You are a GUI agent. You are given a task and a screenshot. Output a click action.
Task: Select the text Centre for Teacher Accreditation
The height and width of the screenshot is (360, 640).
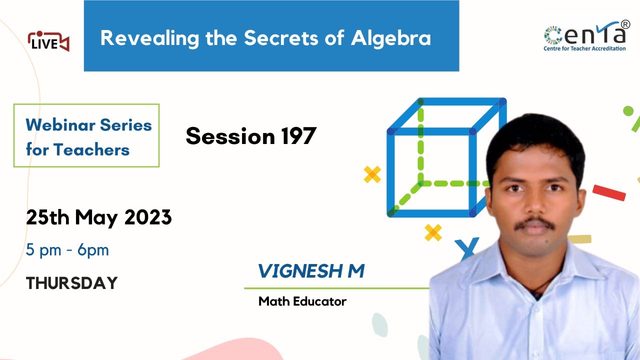click(584, 48)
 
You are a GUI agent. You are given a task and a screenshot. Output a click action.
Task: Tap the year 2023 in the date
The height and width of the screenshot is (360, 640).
click(148, 217)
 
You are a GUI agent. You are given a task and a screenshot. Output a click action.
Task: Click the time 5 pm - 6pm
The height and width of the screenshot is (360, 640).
click(67, 250)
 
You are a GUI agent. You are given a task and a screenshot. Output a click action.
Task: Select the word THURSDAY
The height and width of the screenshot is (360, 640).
click(71, 283)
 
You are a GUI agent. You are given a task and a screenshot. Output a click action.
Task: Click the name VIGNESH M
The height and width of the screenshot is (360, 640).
click(310, 271)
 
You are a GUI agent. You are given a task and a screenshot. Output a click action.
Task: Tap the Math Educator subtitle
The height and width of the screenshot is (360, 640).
click(302, 301)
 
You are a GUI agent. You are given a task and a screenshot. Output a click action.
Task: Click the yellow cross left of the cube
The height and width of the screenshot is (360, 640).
click(372, 174)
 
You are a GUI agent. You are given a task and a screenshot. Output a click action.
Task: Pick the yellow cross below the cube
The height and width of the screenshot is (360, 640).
click(433, 232)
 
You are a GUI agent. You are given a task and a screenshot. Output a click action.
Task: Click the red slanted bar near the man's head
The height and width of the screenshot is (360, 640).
click(609, 192)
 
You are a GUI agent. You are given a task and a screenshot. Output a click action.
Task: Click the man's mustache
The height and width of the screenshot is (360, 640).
click(534, 223)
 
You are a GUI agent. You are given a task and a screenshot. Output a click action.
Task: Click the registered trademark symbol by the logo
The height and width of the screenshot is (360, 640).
click(625, 24)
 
